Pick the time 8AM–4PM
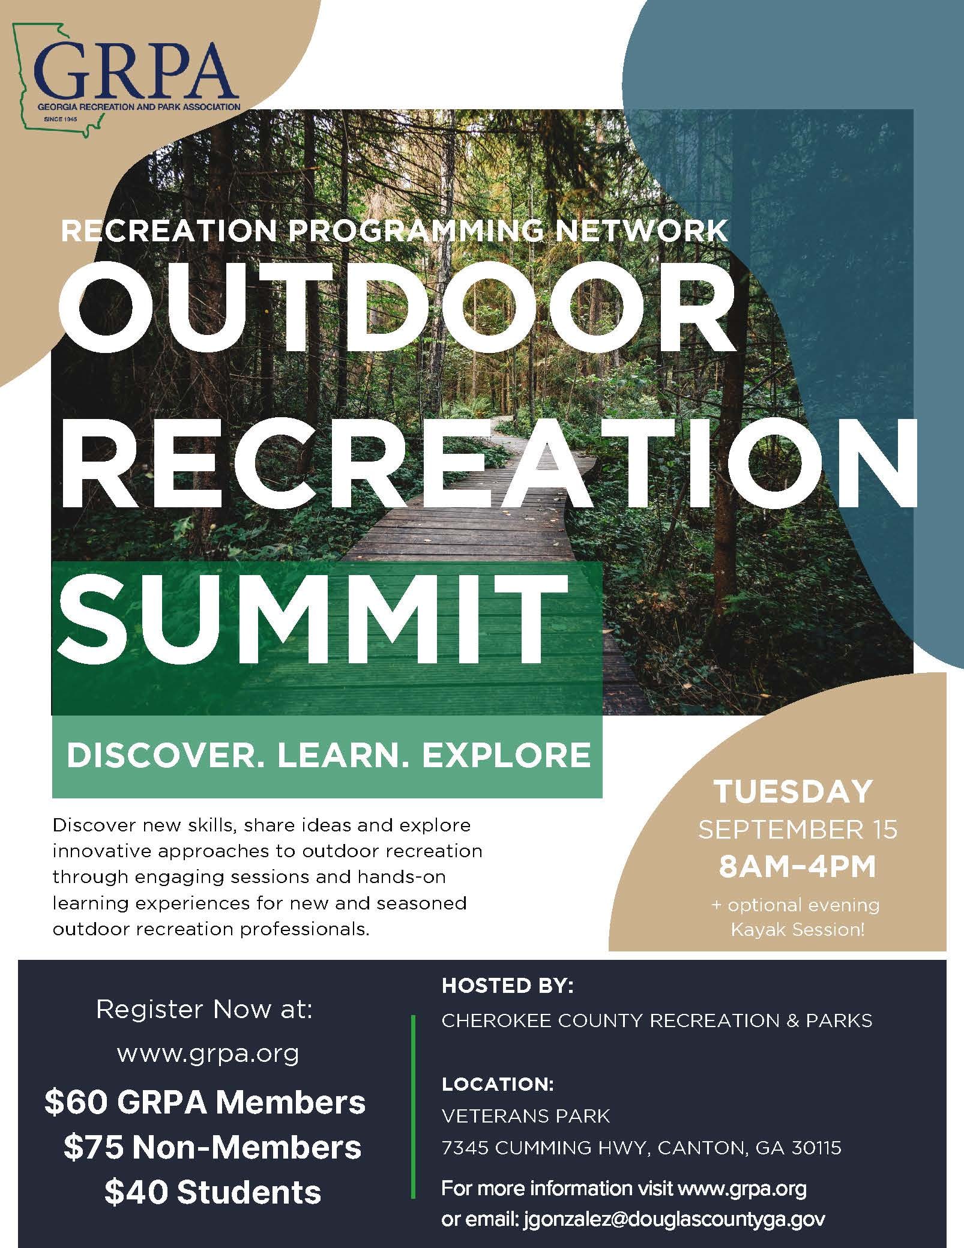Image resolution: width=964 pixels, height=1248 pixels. coord(797,867)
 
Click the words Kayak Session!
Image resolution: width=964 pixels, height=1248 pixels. coord(797,930)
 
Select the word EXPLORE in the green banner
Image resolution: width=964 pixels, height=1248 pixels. coord(506,755)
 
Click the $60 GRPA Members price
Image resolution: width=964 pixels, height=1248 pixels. coord(205,1102)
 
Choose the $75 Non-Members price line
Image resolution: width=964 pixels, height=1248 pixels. coord(212,1147)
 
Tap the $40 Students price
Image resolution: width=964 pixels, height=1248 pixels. coord(212,1192)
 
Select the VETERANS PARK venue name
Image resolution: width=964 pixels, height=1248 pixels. coord(526,1116)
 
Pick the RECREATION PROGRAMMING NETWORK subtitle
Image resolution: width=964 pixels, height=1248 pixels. coord(395,231)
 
